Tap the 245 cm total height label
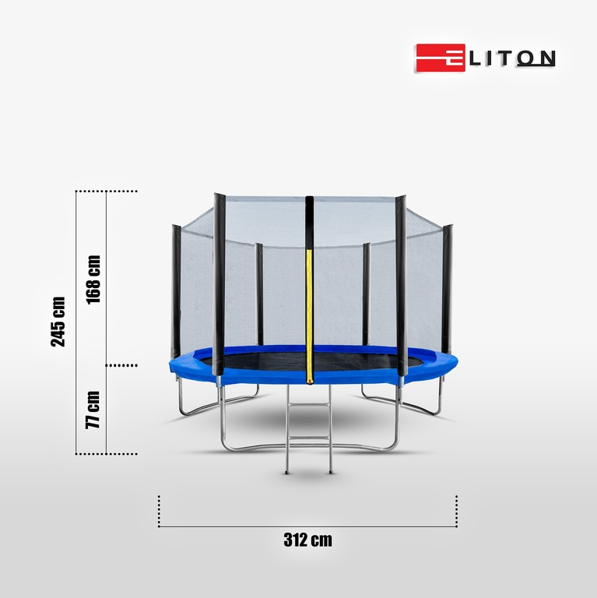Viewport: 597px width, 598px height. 58,321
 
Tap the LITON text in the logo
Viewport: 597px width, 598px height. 511,59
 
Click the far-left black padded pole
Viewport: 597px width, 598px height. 177,288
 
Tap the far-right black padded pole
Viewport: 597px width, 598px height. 447,288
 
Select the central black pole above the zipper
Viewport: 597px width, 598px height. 309,222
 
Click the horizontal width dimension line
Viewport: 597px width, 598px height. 307,527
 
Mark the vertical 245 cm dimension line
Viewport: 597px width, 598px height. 76,321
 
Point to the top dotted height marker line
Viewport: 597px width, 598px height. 107,191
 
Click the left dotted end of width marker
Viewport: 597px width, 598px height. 159,510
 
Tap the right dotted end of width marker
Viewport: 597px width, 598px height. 456,510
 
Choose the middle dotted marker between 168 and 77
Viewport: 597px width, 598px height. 121,364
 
